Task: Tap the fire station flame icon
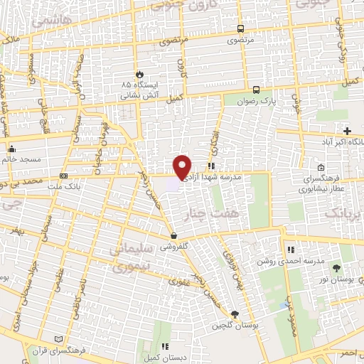click(x=140, y=73)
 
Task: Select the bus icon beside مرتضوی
click(x=240, y=29)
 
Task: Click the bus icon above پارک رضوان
click(x=256, y=90)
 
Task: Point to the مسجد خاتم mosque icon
click(x=11, y=149)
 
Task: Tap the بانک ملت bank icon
click(x=64, y=176)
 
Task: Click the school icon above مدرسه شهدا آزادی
click(x=211, y=164)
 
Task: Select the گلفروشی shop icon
click(x=174, y=235)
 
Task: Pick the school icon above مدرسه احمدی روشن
click(x=290, y=250)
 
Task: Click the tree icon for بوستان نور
click(x=336, y=268)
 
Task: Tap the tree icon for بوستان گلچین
click(x=235, y=315)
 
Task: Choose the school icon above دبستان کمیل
click(x=164, y=346)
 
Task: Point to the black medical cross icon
click(x=347, y=132)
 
